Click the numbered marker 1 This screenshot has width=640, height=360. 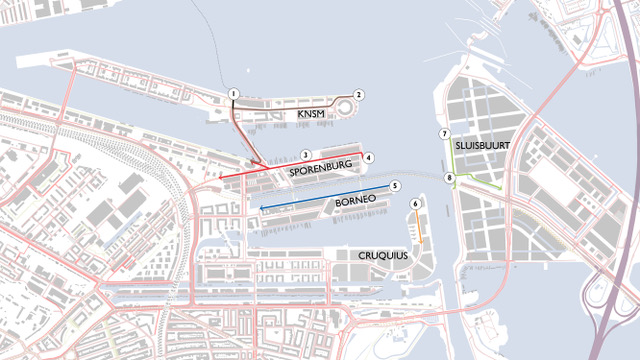[x=232, y=94]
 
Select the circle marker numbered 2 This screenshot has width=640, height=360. [x=359, y=95]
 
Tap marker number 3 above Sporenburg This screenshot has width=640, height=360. [x=305, y=155]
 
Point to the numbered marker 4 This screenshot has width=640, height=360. [x=369, y=157]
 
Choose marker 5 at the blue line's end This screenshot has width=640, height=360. [x=395, y=186]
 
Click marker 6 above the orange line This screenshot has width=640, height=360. [x=415, y=204]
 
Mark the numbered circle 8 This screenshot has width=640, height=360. [x=450, y=178]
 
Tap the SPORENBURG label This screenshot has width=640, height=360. [x=322, y=172]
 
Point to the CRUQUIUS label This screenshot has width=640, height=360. [x=383, y=256]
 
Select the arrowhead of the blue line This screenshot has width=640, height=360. [x=261, y=207]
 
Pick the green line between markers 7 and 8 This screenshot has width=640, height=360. [x=447, y=156]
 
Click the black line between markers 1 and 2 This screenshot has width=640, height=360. [x=290, y=100]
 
